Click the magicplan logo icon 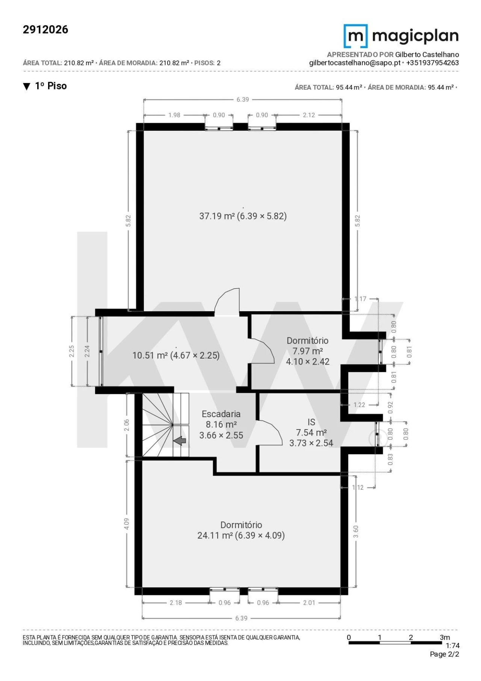[x=355, y=36]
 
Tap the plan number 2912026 [x=45, y=30]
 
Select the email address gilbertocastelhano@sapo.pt [x=355, y=63]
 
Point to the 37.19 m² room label [x=243, y=216]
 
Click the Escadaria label [x=221, y=414]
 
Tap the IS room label [x=311, y=422]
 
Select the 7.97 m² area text [x=308, y=351]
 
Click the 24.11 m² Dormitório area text [x=241, y=535]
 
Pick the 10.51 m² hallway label [x=176, y=355]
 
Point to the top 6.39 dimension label [x=243, y=100]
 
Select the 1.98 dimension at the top [x=174, y=115]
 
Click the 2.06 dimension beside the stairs [x=127, y=425]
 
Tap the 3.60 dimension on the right [x=356, y=531]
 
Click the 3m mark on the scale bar [x=445, y=637]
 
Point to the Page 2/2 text [x=445, y=654]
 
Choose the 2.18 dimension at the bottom [x=175, y=602]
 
